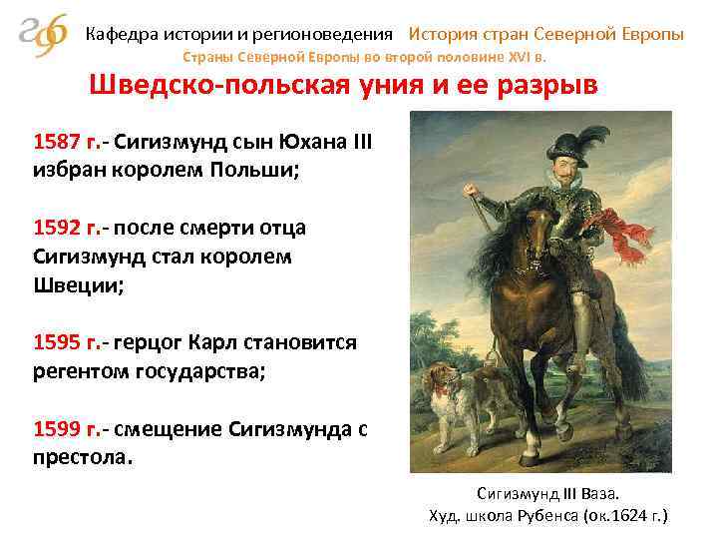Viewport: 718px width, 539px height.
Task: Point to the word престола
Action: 81,460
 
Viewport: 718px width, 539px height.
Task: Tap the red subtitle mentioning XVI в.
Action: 380,56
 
